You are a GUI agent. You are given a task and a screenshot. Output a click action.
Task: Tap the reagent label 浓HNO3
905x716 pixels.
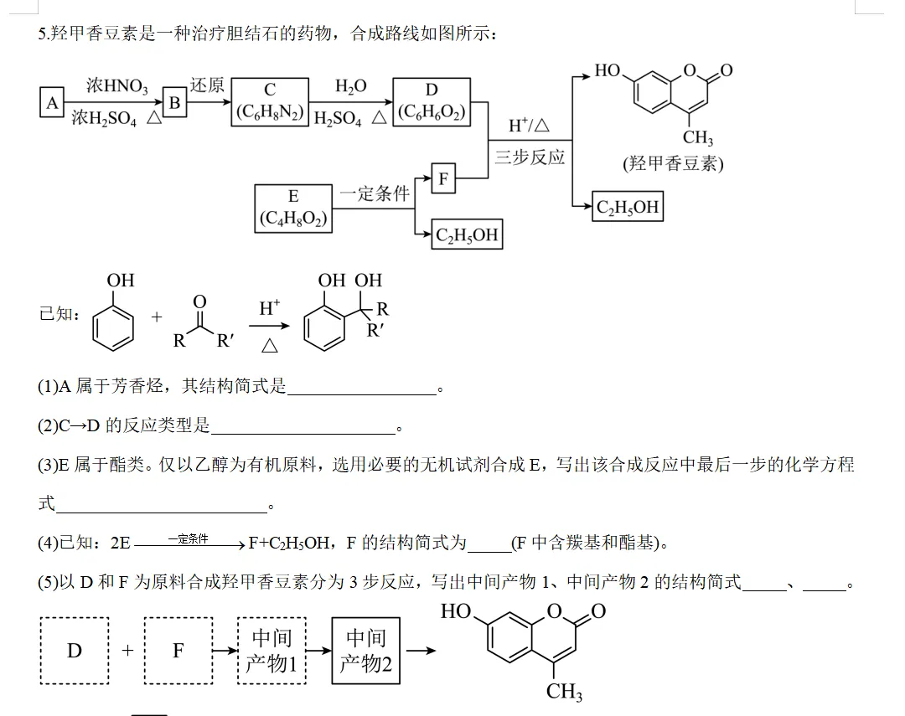pos(117,86)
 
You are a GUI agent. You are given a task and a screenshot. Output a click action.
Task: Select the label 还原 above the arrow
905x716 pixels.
pos(207,85)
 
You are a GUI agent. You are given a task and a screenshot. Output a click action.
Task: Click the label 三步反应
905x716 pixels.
pos(530,157)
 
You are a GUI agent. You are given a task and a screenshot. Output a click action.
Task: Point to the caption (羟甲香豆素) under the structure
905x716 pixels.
pos(673,163)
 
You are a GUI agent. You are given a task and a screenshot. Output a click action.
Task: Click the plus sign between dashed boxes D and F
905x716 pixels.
pos(127,650)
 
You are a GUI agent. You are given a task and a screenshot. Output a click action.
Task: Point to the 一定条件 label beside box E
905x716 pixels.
pos(375,193)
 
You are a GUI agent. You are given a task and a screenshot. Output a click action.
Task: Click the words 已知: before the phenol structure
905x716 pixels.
pos(59,314)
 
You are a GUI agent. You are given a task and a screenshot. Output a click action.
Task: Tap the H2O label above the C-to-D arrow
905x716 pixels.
pos(351,86)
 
